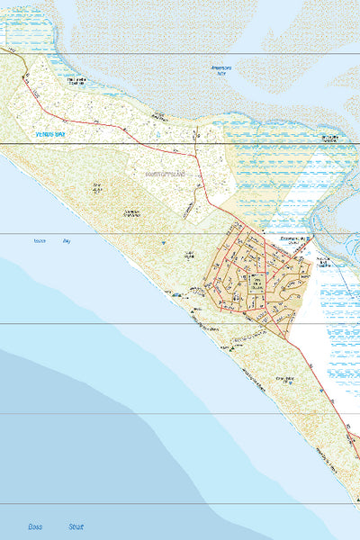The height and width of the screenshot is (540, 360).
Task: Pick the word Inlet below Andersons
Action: [x=220, y=75]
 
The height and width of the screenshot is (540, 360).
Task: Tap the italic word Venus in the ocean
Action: [x=39, y=241]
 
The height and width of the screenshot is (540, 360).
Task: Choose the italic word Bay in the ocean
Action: [x=66, y=241]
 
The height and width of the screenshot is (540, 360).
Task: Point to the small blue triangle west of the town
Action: [x=162, y=242]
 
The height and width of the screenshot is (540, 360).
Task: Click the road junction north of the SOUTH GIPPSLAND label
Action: [x=197, y=143]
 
